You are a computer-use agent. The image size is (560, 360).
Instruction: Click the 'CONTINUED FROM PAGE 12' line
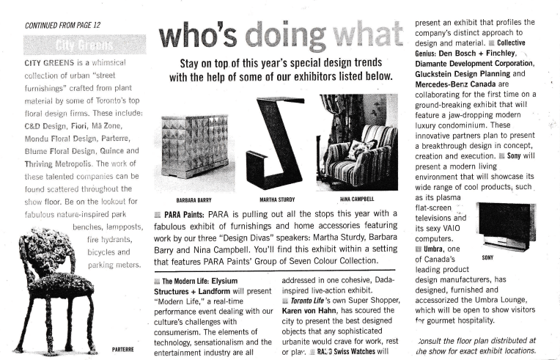point(63,25)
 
